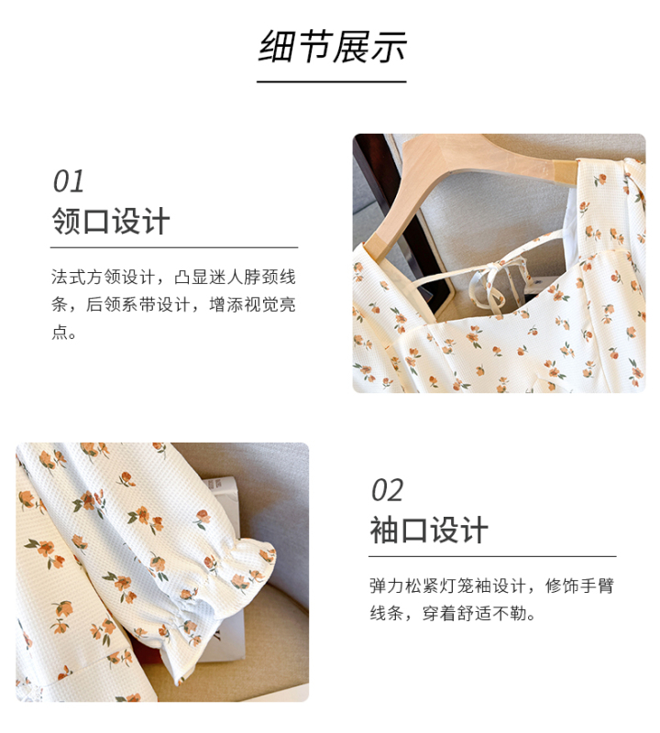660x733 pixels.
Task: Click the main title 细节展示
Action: point(332,46)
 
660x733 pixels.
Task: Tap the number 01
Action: point(69,181)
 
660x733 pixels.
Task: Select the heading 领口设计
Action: point(110,221)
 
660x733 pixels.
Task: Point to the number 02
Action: point(387,490)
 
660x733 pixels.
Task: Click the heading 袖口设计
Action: point(429,531)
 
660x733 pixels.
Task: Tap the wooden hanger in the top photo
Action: point(467,187)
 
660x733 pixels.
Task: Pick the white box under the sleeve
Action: point(225,561)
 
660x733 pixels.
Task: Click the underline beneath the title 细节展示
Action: point(331,82)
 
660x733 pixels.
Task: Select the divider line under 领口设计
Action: point(174,247)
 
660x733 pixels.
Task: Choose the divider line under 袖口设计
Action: point(492,556)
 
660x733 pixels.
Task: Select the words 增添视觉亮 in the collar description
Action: point(253,304)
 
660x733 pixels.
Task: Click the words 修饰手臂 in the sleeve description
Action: point(579,585)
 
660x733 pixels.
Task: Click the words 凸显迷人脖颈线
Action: point(236,277)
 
